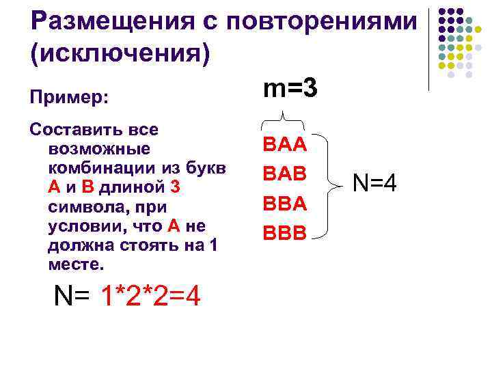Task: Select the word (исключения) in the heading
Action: click(120, 54)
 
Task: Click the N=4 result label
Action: click(375, 183)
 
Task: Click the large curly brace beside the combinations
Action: click(333, 183)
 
